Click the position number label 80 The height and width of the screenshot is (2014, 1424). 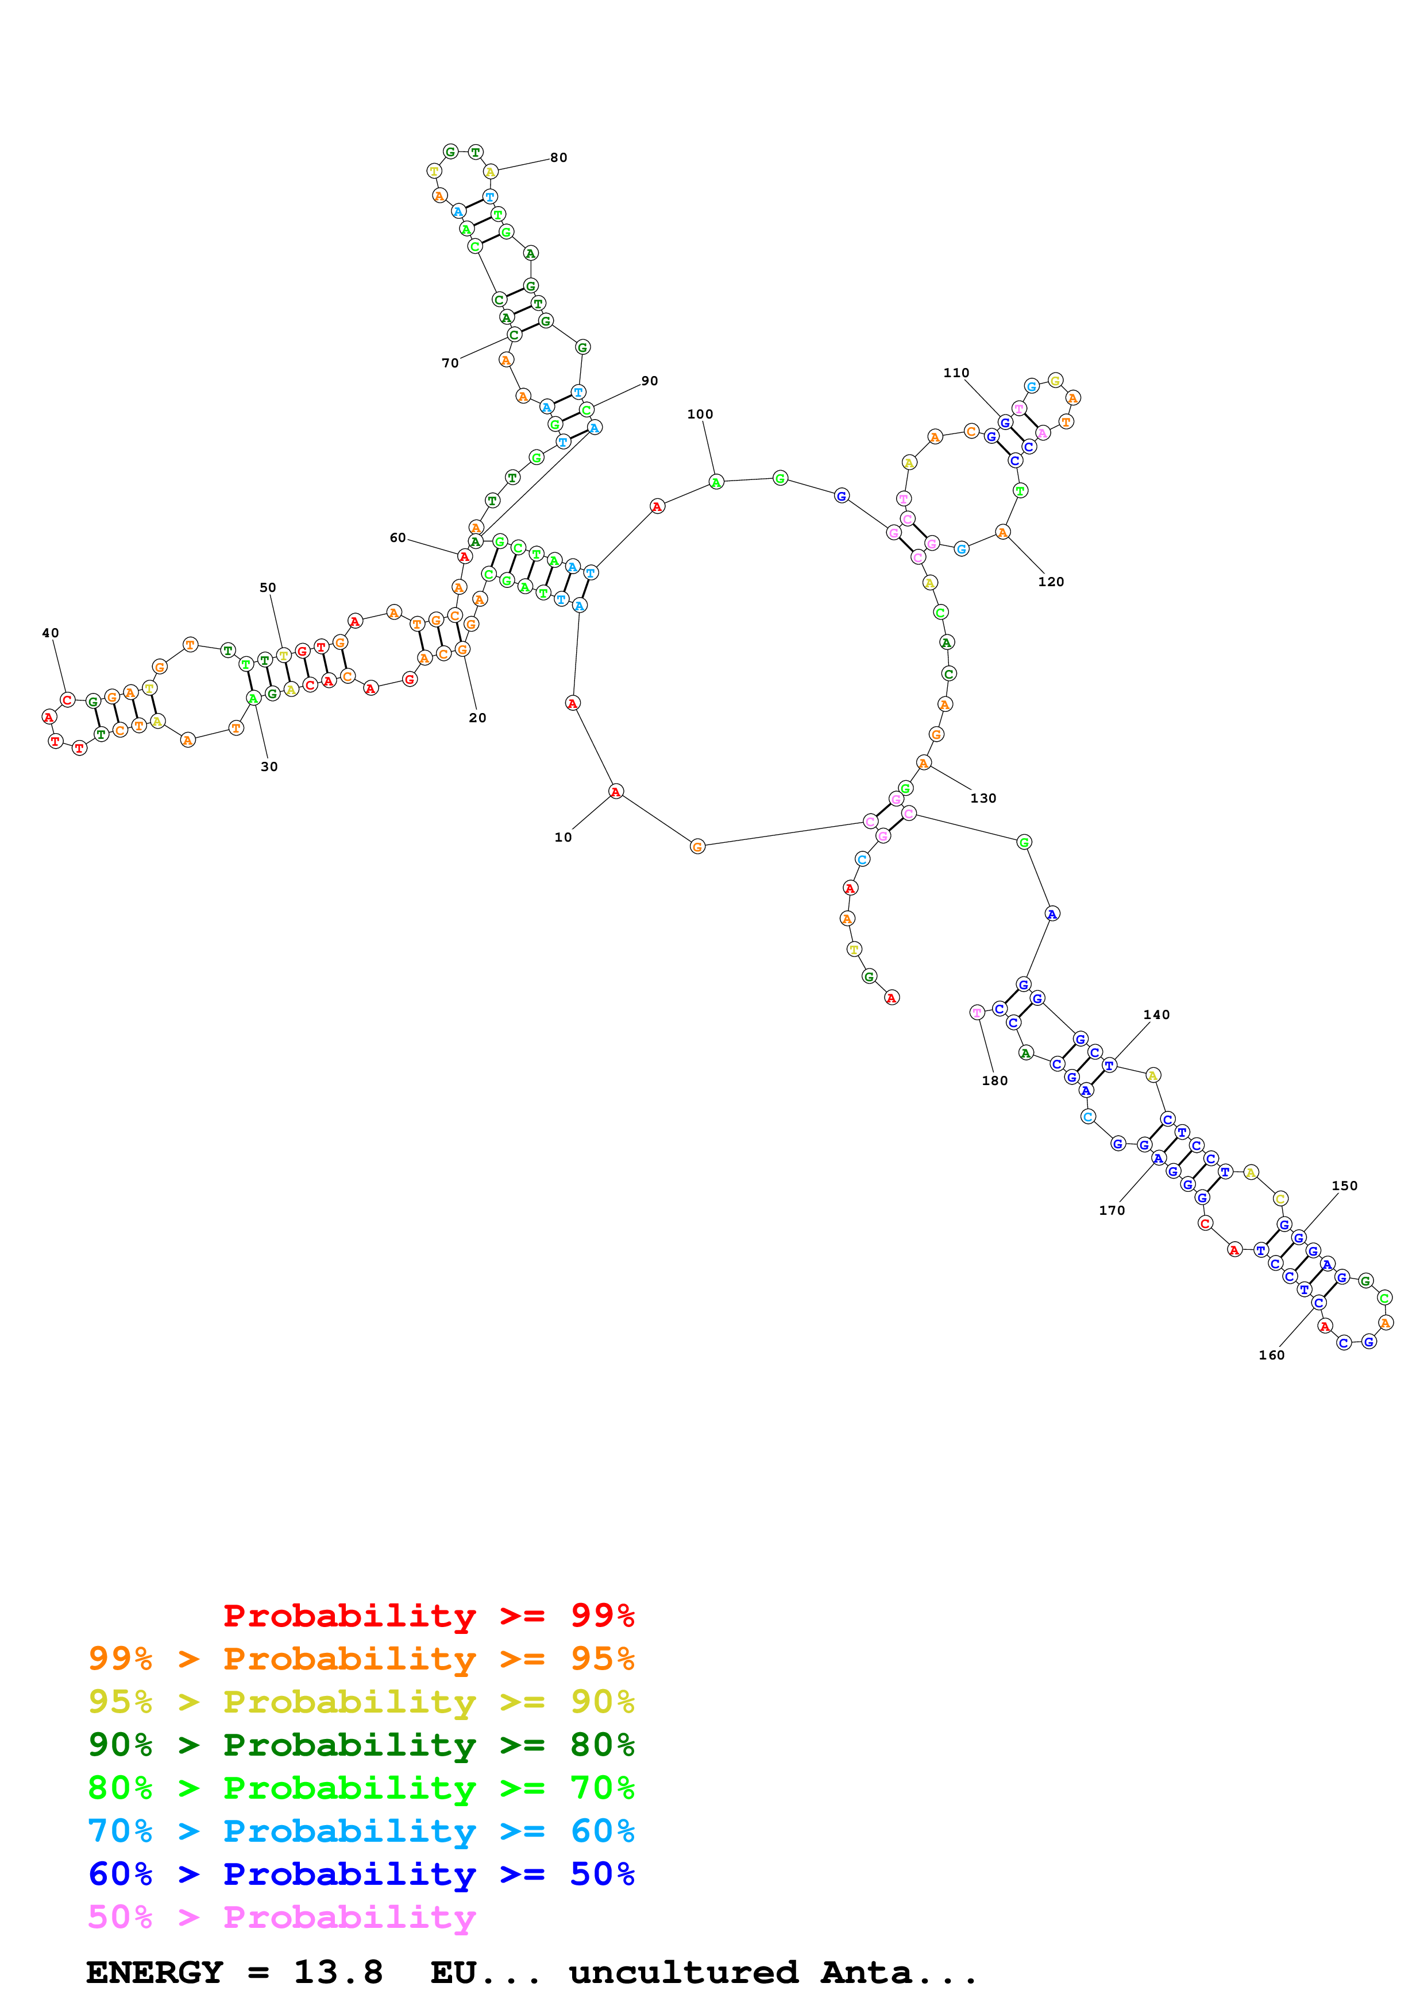tap(559, 158)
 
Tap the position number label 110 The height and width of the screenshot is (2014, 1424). tap(956, 373)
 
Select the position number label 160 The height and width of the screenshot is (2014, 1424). tap(1271, 1355)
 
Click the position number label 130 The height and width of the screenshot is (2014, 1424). tap(983, 798)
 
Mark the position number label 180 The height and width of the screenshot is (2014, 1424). tap(995, 1080)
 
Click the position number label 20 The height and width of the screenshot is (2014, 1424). tap(477, 718)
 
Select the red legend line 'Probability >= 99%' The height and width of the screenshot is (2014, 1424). tap(428, 1615)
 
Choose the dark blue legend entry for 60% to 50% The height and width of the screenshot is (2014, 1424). tap(361, 1874)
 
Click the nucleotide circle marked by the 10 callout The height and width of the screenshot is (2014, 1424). tap(616, 792)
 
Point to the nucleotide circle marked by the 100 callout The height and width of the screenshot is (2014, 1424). tap(716, 482)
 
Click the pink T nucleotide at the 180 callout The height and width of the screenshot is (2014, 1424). tap(977, 1012)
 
